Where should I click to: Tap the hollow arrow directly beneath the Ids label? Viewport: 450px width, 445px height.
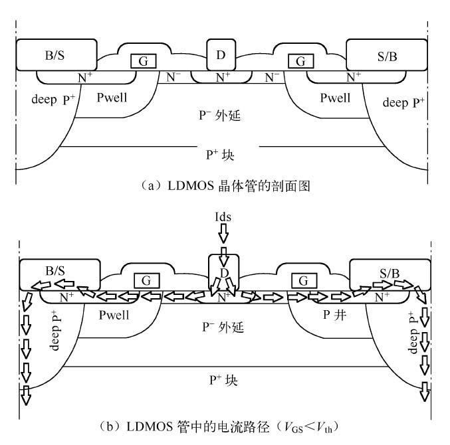click(x=223, y=234)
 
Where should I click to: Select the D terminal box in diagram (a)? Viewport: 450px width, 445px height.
click(x=221, y=52)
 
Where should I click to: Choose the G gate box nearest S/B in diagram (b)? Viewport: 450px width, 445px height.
click(x=303, y=280)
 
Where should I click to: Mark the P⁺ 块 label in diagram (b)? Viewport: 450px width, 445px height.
click(x=223, y=381)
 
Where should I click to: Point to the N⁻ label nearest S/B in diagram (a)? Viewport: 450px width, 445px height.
click(x=273, y=77)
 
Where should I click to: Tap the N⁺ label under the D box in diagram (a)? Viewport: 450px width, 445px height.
click(x=221, y=77)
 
